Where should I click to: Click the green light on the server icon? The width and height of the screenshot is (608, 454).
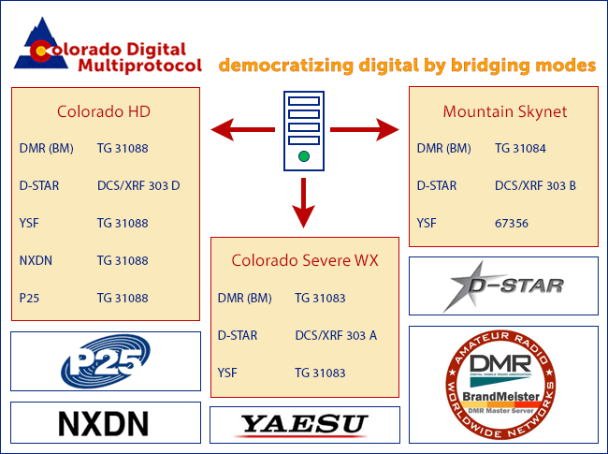coord(304,156)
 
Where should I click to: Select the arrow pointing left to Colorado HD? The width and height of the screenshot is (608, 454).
coord(243,129)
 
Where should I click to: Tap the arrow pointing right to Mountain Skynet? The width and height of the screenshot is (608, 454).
coord(365,129)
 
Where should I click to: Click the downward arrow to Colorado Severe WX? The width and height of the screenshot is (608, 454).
coord(304,203)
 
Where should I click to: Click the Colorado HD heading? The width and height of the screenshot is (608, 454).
coord(104,111)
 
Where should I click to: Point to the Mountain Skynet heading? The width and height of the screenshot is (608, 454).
coord(505,111)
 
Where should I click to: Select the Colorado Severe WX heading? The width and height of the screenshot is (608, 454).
coord(305,260)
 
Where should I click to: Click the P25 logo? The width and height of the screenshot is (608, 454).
coord(106,361)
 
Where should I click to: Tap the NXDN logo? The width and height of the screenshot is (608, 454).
coord(104,423)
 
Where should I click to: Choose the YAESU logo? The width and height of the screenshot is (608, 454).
coord(304,424)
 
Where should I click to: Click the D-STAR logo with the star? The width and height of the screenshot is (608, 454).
coord(503,286)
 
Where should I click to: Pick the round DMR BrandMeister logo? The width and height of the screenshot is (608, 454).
coord(500,385)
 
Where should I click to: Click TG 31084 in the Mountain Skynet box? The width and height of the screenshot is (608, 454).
coord(520,148)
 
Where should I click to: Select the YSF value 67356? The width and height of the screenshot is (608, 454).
coord(512,224)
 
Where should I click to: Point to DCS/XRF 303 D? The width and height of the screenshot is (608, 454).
coord(138,186)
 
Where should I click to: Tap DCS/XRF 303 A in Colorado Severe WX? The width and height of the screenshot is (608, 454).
coord(336,335)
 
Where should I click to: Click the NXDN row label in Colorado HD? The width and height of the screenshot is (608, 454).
coord(36,260)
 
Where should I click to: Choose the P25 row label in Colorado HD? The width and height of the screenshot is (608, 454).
coord(29,298)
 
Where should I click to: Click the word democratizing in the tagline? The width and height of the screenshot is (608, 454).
coord(286,66)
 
